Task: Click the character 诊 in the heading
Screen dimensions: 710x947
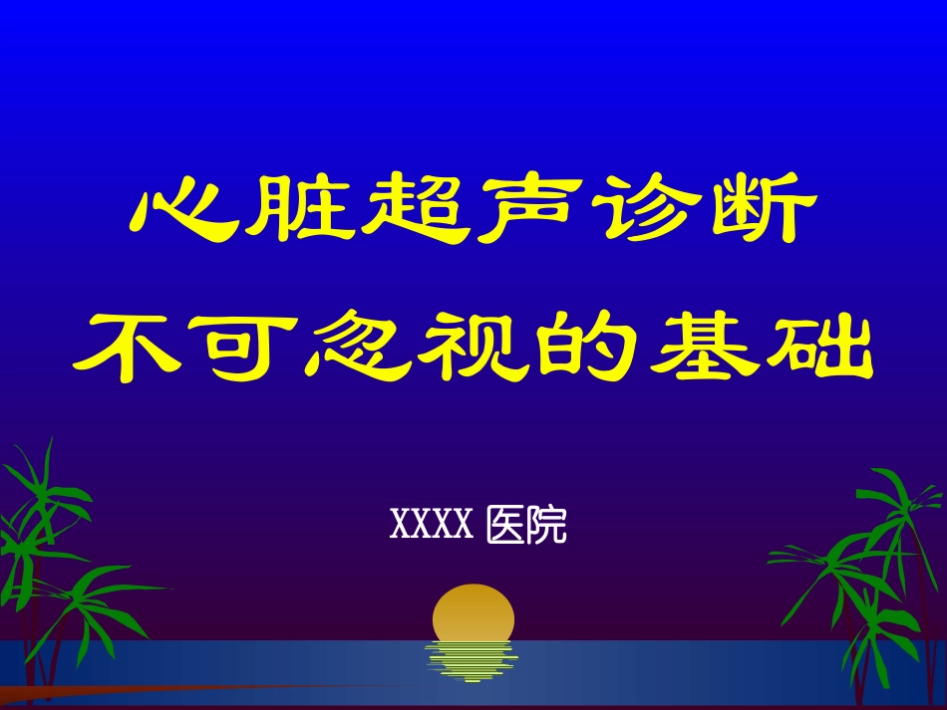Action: (642, 210)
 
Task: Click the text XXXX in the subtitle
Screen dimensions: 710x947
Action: (431, 525)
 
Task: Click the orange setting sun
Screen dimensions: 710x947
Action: (473, 613)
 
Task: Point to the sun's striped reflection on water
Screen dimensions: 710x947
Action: (472, 661)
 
